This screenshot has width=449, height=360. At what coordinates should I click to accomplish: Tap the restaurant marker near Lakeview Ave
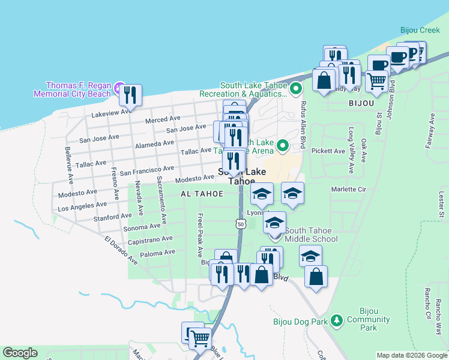pos(130,95)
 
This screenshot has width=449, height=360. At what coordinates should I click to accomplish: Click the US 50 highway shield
pos(240,224)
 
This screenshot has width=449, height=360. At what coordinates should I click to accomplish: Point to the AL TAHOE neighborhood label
pos(202,194)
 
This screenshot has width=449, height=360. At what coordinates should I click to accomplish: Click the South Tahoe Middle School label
pos(311,235)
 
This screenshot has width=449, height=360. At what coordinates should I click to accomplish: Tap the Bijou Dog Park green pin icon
pos(337,322)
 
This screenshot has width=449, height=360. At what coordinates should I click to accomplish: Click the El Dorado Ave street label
pos(121,250)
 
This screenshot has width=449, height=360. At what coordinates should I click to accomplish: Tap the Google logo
pos(20,353)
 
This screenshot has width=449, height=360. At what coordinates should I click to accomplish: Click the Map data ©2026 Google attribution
pos(412,355)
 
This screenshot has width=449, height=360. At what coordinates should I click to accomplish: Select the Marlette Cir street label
pos(348,189)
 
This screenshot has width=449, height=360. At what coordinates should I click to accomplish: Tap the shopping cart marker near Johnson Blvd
pos(376,80)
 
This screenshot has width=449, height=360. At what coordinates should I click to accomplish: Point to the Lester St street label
pos(441,205)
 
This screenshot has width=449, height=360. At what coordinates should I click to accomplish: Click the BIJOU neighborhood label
pos(361,103)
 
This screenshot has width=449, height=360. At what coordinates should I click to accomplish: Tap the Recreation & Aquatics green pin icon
pos(295,90)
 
